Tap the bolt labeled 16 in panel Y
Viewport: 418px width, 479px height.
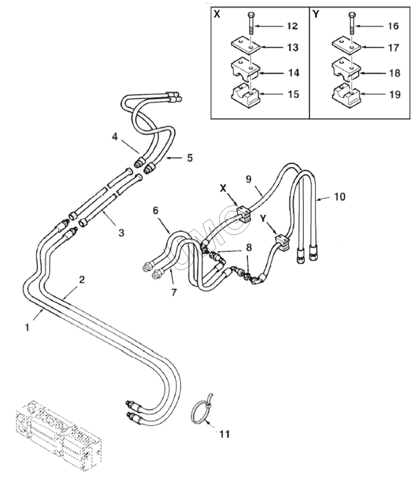(351, 23)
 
